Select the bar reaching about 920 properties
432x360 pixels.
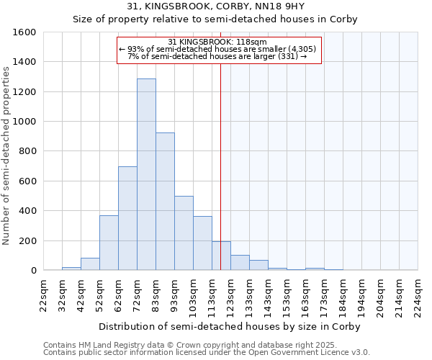pos(165,202)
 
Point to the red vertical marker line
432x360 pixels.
pos(220,166)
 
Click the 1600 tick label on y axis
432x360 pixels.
pos(24,32)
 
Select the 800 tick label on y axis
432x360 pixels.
pos(27,151)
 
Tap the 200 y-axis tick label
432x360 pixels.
pos(27,240)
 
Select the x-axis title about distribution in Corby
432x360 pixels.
pos(229,326)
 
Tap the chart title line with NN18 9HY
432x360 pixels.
pos(215,6)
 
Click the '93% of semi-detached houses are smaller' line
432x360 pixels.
pos(217,49)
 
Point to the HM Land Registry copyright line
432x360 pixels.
pos(206,345)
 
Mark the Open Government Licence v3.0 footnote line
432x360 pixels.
pos(206,352)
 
